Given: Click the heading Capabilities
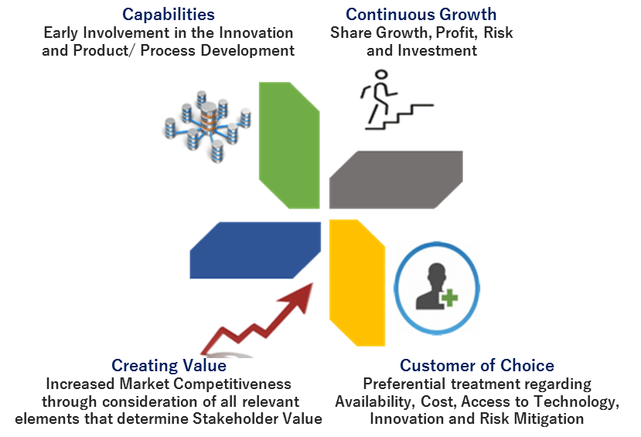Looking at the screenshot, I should [169, 15].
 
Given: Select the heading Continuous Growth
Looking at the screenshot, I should [421, 15].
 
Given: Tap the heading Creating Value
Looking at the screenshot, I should [169, 365].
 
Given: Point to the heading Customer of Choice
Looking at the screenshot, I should [477, 365].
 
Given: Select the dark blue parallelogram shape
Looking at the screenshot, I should [255, 249].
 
